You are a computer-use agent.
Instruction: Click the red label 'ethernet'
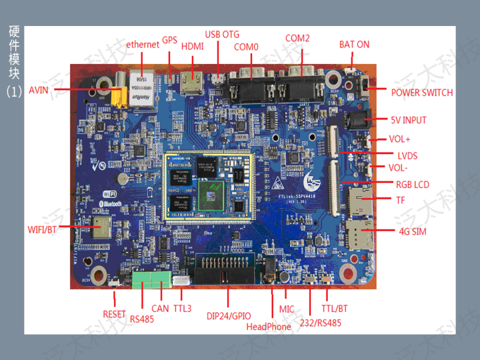coord(143,44)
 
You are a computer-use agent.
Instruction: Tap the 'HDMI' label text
coord(193,47)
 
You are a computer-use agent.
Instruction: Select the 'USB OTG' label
coord(222,34)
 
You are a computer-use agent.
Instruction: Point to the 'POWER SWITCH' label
coord(421,93)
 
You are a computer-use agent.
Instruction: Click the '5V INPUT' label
coord(409,121)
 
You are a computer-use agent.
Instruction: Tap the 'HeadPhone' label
coord(269,327)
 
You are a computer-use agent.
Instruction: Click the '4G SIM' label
coord(413,232)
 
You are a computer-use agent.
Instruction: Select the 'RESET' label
coord(114,314)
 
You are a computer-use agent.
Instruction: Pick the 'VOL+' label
coord(400,140)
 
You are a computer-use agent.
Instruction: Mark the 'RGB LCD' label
coord(413,185)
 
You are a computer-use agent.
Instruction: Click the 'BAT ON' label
coord(354,45)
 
